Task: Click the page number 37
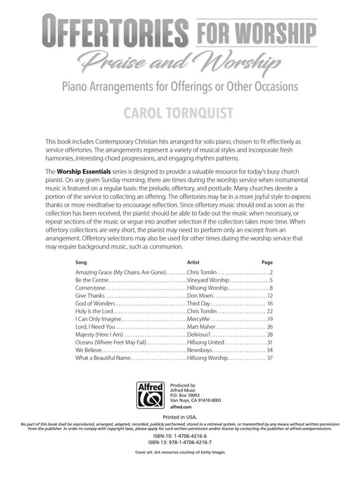tap(270, 358)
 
